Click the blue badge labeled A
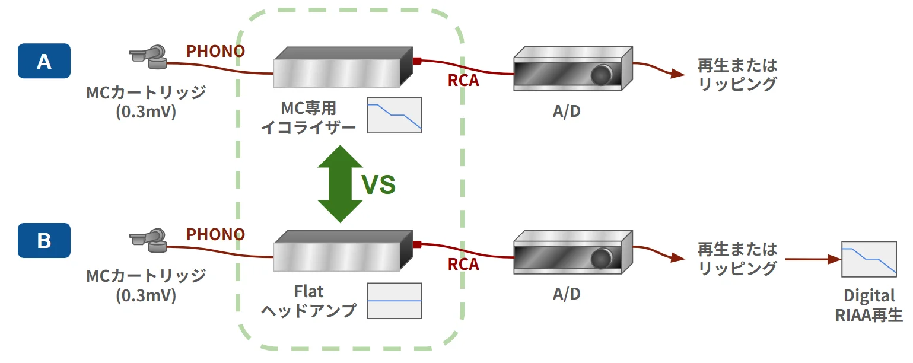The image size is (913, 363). point(44,61)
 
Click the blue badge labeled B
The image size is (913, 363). point(44,241)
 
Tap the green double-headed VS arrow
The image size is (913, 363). point(340,184)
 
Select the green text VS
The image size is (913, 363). point(378,185)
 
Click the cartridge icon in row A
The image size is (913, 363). point(148,56)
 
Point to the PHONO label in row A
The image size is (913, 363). point(215,52)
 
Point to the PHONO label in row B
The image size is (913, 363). point(215,235)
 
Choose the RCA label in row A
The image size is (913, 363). point(463,81)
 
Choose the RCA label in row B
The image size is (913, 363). point(463,265)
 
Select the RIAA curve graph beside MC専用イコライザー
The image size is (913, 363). point(395,115)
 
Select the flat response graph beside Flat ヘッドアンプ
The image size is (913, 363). point(395,301)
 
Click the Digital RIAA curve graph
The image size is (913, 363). point(869,259)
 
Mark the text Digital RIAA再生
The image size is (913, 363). point(869,306)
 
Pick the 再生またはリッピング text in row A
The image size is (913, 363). point(737,74)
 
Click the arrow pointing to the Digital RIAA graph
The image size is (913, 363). point(813,260)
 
